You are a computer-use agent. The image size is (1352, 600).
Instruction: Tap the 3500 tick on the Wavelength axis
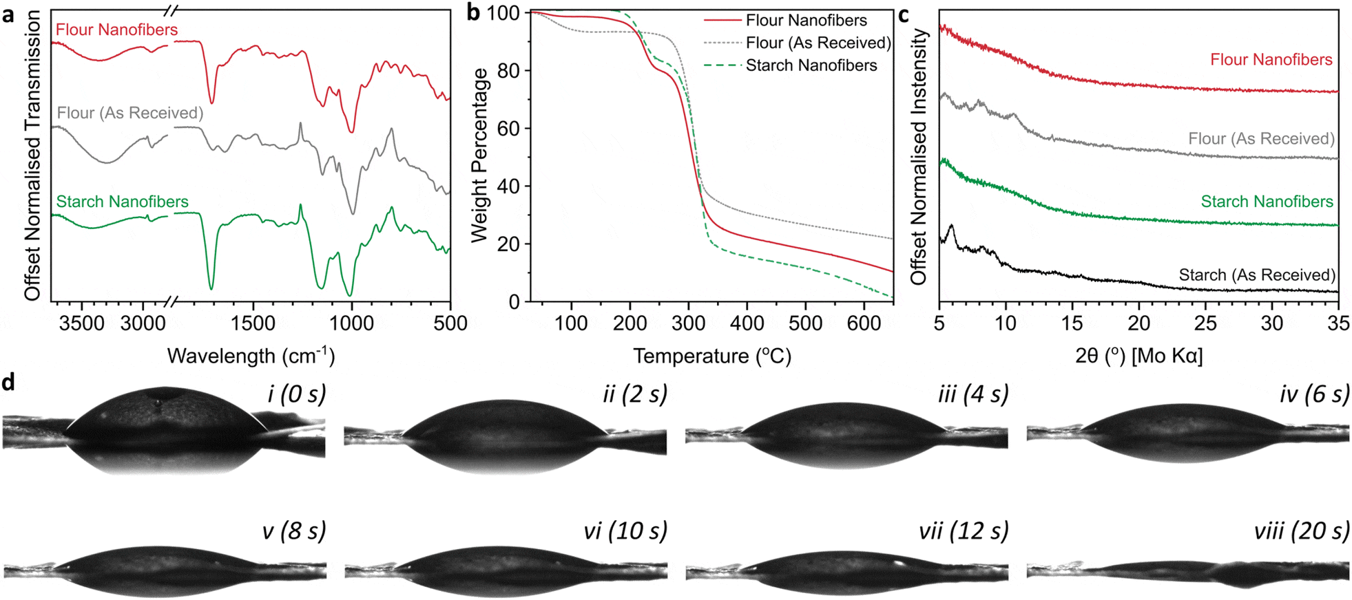pos(81,323)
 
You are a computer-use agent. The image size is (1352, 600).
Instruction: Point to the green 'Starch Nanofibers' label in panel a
pos(122,202)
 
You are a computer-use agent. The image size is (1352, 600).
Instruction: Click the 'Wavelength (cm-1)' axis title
pos(251,356)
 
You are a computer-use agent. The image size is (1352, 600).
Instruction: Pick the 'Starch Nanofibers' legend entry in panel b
pos(811,65)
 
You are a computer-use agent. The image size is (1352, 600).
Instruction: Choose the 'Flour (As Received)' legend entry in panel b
pos(818,43)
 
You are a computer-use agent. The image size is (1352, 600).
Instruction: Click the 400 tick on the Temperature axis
pos(747,323)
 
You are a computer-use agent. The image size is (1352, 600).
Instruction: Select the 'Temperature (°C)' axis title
pos(712,356)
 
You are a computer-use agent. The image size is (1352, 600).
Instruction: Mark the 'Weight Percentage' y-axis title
pos(479,155)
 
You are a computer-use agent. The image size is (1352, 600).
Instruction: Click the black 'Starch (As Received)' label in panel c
pos(1257,275)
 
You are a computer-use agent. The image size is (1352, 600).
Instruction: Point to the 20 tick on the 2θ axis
pos(1138,323)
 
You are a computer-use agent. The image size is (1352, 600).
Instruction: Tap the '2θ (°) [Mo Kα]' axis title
pos(1138,356)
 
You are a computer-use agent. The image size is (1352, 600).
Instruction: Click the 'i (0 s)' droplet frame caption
pos(296,394)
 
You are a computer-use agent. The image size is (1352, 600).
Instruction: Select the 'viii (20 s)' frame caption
pos(1301,531)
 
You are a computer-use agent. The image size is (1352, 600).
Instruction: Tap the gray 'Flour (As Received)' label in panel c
pos(1261,139)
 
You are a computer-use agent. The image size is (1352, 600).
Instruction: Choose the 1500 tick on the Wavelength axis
pos(253,323)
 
